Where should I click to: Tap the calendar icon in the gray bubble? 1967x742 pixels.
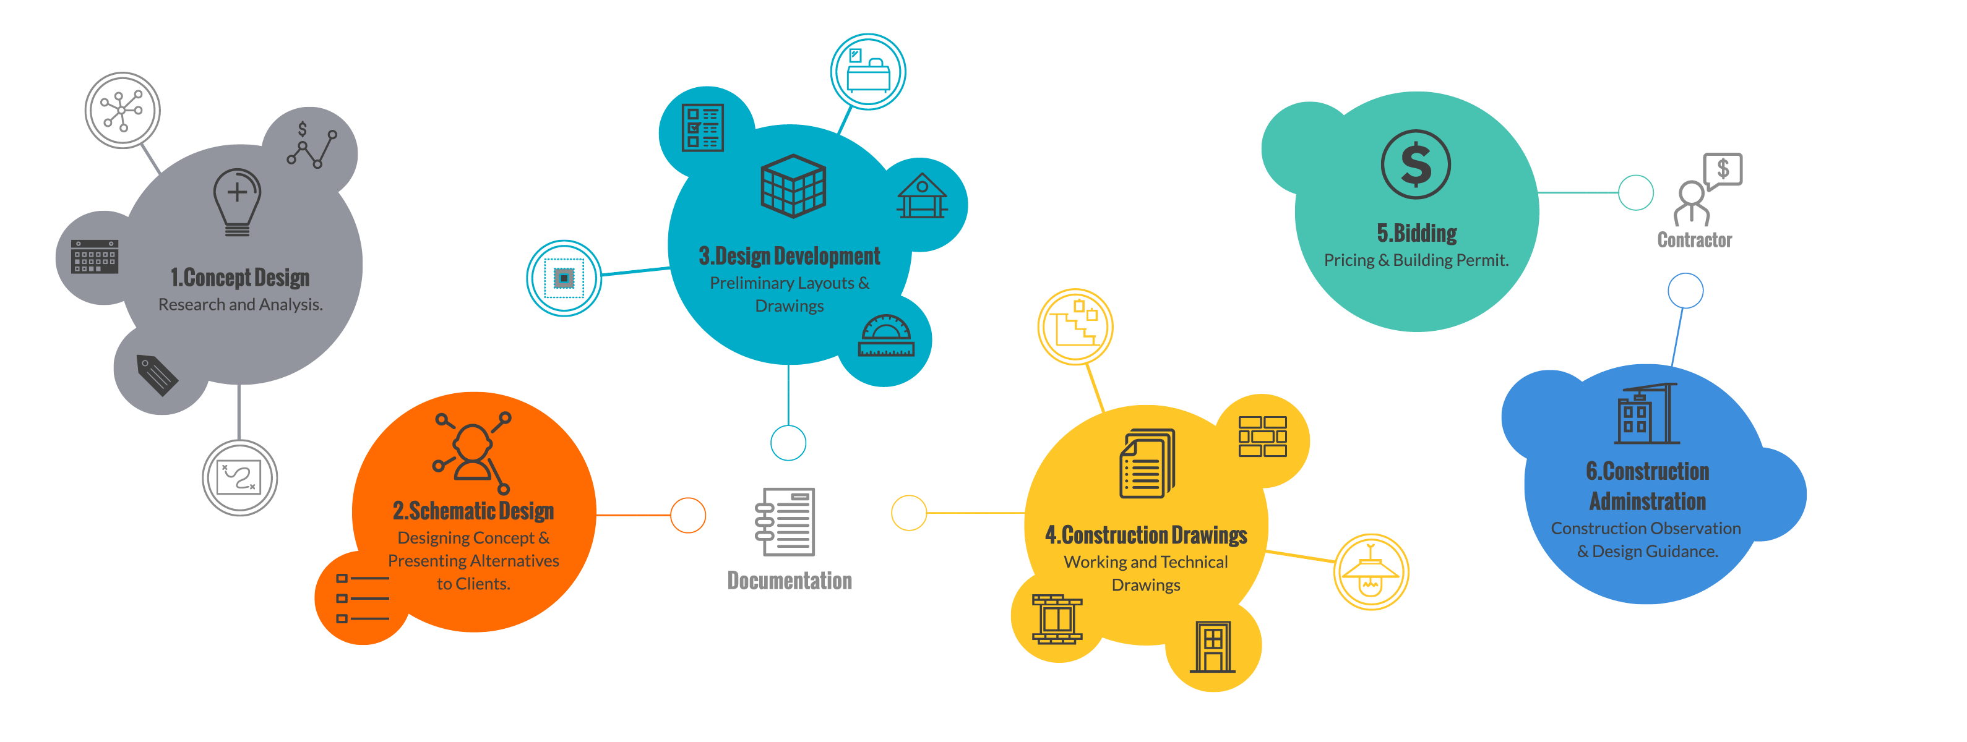tap(94, 257)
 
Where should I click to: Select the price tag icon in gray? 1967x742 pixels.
tap(157, 374)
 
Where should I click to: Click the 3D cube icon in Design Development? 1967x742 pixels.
tap(793, 185)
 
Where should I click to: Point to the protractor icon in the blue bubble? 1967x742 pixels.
tap(886, 336)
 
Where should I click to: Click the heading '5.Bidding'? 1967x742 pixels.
tap(1416, 233)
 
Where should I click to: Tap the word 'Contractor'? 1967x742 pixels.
tap(1694, 240)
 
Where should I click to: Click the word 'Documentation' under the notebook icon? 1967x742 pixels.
tap(789, 581)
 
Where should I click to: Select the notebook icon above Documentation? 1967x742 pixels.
tap(786, 521)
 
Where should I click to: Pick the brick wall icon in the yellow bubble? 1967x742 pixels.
tap(1262, 436)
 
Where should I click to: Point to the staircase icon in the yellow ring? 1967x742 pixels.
tap(1075, 326)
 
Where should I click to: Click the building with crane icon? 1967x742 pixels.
tap(1645, 414)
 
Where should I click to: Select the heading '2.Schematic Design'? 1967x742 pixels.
tap(473, 511)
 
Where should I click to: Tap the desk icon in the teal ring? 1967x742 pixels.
tap(867, 72)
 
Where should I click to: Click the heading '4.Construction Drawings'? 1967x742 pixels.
tap(1145, 535)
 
